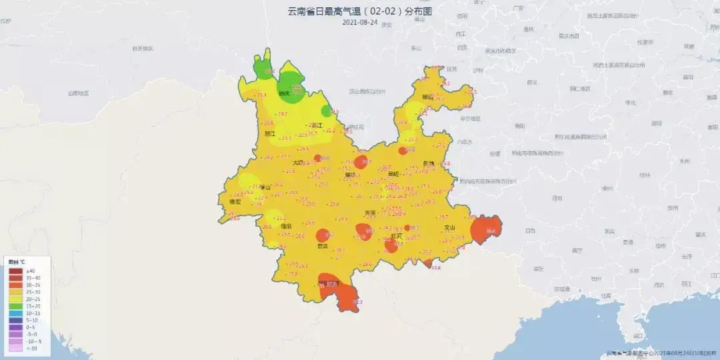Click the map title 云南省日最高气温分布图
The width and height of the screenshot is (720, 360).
coord(360,11)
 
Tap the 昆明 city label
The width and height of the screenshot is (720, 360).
coord(393,174)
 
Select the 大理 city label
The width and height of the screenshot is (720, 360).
coord(297,163)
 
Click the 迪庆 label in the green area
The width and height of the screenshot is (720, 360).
coord(283,93)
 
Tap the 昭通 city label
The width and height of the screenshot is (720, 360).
coord(427,97)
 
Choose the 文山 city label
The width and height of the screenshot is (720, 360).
coord(450,228)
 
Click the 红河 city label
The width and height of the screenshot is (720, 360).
coord(396,236)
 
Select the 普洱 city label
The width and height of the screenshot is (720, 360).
coord(323,246)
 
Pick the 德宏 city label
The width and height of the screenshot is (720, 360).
coord(235,201)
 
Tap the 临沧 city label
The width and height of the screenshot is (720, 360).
coord(286,227)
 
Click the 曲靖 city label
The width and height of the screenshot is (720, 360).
coord(428,163)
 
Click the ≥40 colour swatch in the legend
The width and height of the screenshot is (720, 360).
coord(15,271)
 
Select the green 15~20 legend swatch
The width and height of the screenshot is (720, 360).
coord(15,306)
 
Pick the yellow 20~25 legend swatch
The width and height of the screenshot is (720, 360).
coord(15,299)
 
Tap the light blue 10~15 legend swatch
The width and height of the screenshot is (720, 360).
coord(15,313)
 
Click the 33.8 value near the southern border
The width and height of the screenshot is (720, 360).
coord(436,268)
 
